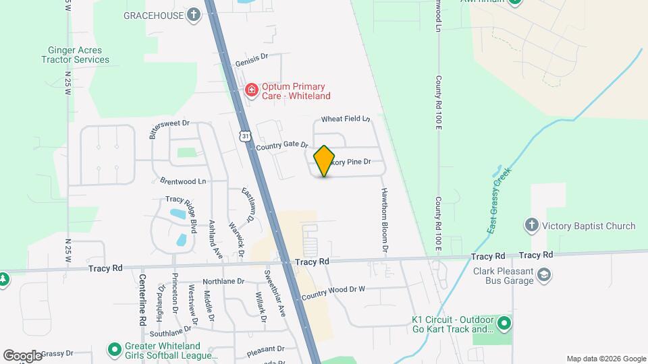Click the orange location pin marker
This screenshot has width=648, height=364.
tap(325, 160)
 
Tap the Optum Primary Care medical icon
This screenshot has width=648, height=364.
tap(252, 90)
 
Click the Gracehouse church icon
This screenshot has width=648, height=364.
tap(194, 14)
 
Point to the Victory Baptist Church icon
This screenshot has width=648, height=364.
tap(532, 226)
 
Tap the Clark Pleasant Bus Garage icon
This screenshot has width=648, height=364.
tap(544, 274)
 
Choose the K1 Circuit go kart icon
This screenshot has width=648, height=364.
tap(504, 325)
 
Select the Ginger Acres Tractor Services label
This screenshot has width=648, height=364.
tap(78, 55)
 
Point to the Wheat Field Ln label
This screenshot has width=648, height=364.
tap(346, 119)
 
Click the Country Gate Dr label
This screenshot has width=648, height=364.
tap(281, 145)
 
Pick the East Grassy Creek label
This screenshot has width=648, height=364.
tap(500, 200)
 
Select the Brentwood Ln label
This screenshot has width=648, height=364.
tap(183, 181)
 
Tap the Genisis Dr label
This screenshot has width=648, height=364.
tap(252, 62)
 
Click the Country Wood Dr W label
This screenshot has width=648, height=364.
tap(333, 293)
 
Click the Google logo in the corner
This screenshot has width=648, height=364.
tap(22, 355)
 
